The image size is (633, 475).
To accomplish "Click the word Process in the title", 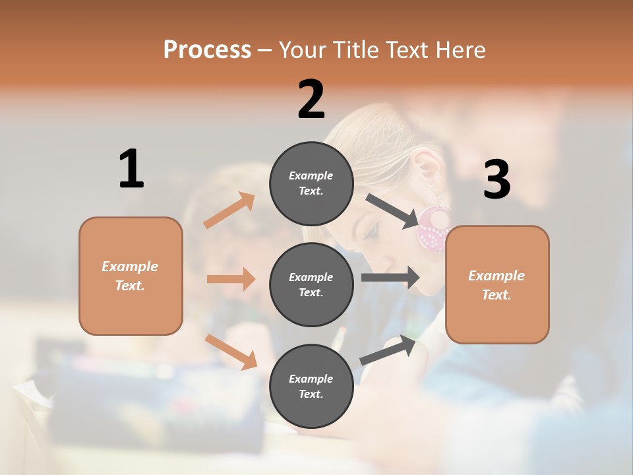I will click(207, 50).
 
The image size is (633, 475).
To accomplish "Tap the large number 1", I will click(131, 169).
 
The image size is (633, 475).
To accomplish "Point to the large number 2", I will click(311, 100).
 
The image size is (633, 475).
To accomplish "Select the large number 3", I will click(497, 179).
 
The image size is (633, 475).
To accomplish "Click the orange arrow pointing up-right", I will click(229, 210).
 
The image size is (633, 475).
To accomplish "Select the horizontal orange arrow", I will click(231, 279).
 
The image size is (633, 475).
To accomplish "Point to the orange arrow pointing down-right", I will click(231, 351).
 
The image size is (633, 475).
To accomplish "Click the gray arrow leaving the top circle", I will click(392, 211).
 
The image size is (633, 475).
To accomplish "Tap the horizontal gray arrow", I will click(390, 277).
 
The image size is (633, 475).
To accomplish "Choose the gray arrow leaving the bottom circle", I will click(388, 350).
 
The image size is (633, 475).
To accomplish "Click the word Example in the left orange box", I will click(130, 267).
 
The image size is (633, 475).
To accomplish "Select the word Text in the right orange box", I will click(497, 295).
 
